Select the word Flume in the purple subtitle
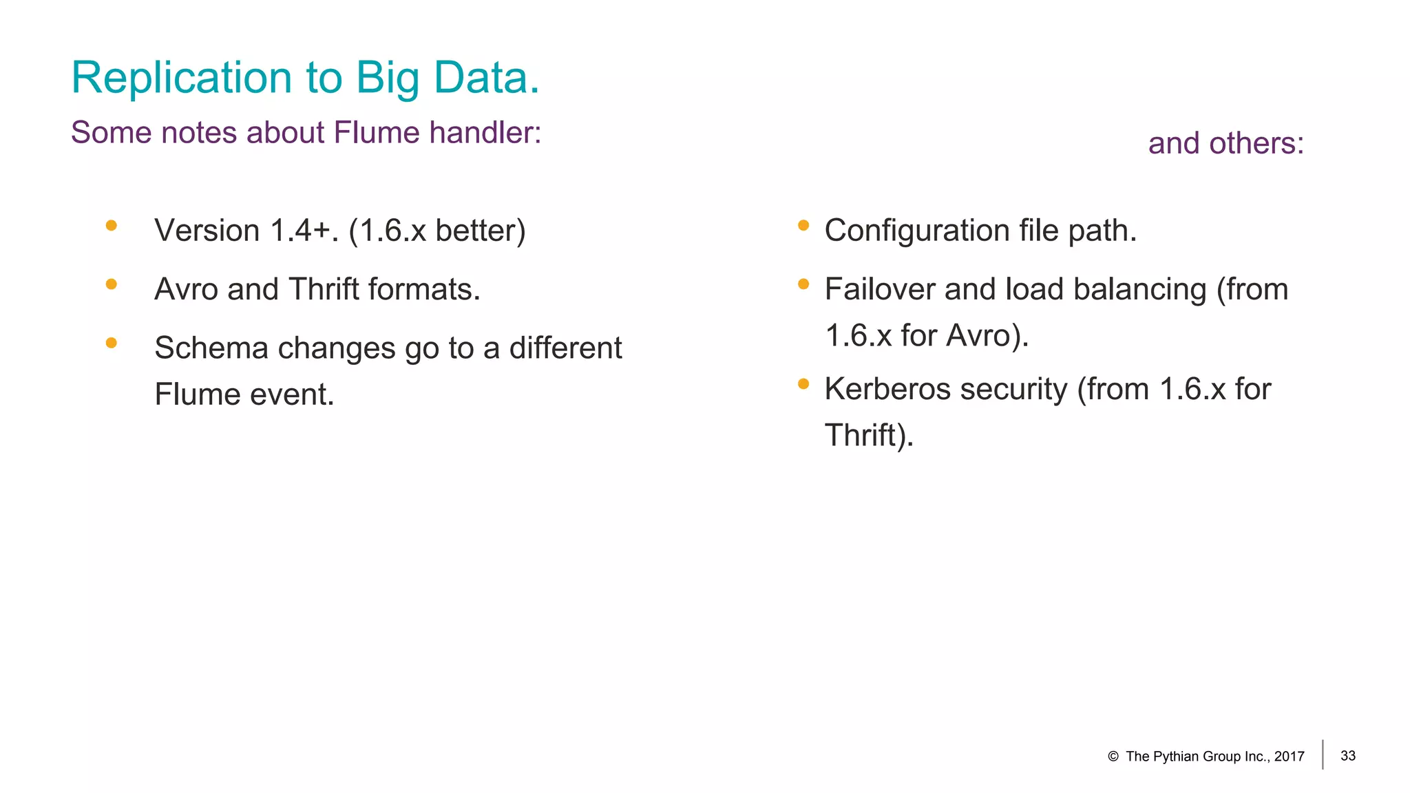376,132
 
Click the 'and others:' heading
1225,143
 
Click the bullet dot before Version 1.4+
112,225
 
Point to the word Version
207,231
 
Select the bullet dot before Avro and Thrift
112,284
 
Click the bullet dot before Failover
803,284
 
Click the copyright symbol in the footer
1113,757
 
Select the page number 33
1348,756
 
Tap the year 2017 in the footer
1290,757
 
